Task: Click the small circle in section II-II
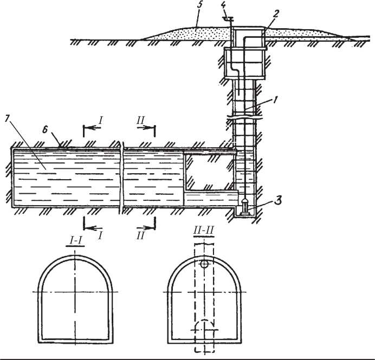204,265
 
